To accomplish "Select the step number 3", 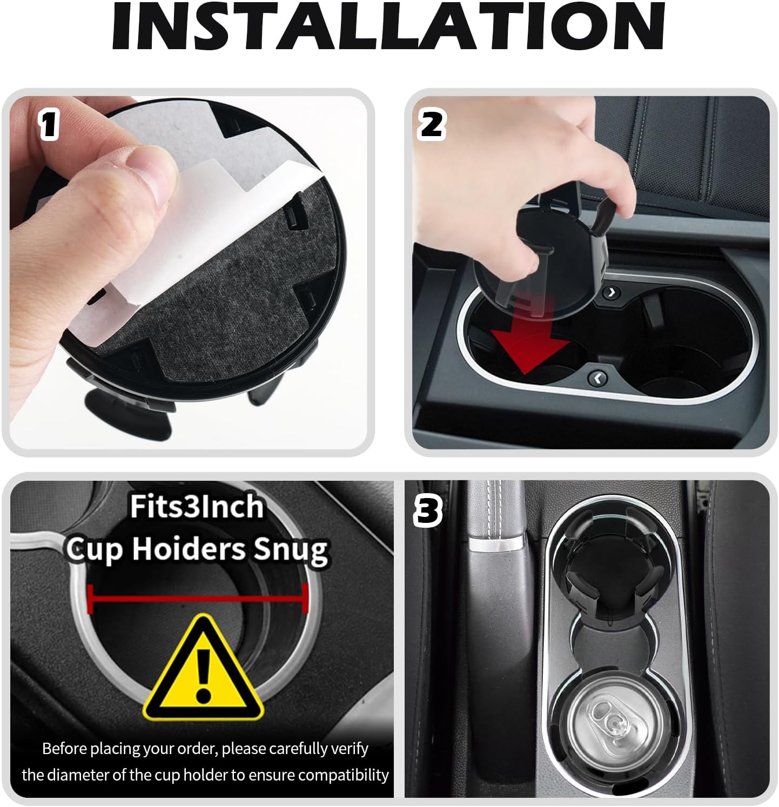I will point(428,511).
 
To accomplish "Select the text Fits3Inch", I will point(196,507).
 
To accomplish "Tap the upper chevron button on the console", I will point(612,292).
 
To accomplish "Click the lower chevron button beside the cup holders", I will point(596,379).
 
